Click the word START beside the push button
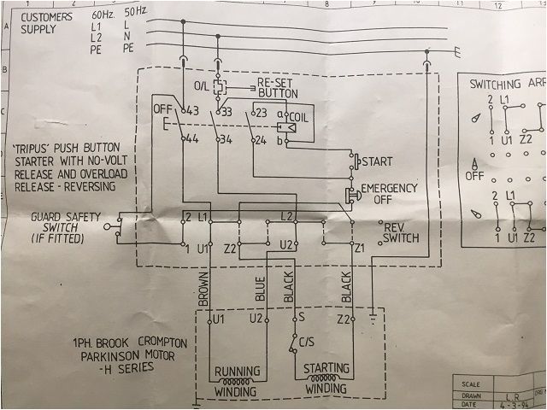click(x=377, y=161)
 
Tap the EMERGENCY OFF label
click(x=389, y=193)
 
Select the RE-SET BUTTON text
click(x=279, y=88)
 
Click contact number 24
click(x=263, y=139)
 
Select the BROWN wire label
click(x=203, y=290)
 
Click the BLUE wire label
click(x=260, y=290)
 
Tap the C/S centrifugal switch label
click(x=307, y=343)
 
